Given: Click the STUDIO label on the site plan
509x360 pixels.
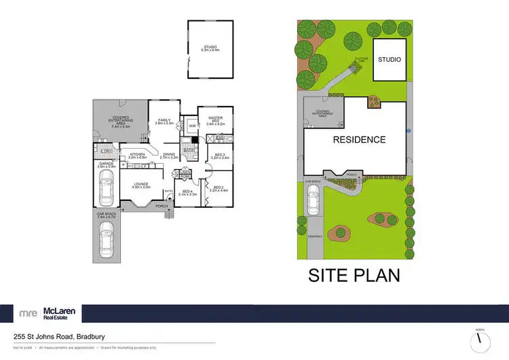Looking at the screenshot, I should pos(390,59).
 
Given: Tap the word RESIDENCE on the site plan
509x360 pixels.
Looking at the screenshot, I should pos(359,140).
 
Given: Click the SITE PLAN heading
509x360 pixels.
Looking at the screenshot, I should pos(354,276).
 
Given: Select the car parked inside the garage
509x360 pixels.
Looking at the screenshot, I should pos(105,188).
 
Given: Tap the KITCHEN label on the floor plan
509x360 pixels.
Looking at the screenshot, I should pos(138,156).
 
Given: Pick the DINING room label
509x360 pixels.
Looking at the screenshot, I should pos(169,156).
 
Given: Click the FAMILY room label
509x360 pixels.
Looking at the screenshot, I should pos(164,121).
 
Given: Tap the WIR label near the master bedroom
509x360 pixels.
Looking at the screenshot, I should pos(193,126).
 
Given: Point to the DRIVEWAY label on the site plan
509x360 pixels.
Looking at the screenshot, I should pos(314,236).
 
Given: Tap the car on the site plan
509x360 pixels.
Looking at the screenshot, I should pos(313,200).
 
